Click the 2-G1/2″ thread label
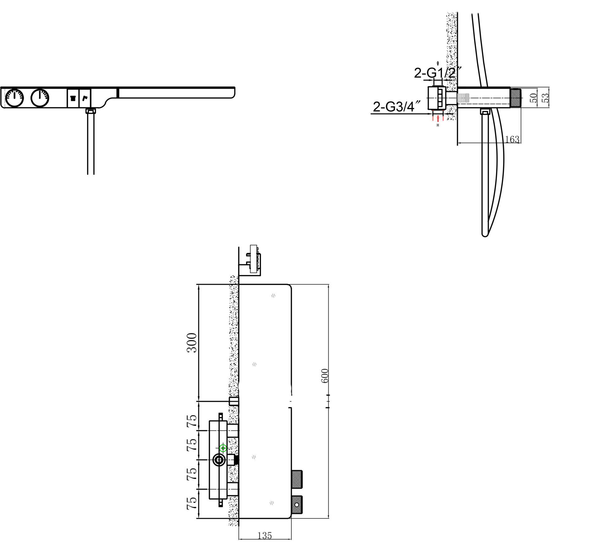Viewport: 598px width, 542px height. (x=437, y=73)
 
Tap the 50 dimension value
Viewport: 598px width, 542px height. (x=534, y=98)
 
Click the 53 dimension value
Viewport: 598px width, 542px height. (x=545, y=98)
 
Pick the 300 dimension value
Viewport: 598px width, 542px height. (x=192, y=343)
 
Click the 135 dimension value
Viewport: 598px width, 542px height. (x=265, y=535)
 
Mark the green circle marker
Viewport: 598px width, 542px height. (x=223, y=448)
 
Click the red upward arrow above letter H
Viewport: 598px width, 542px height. (x=438, y=118)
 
